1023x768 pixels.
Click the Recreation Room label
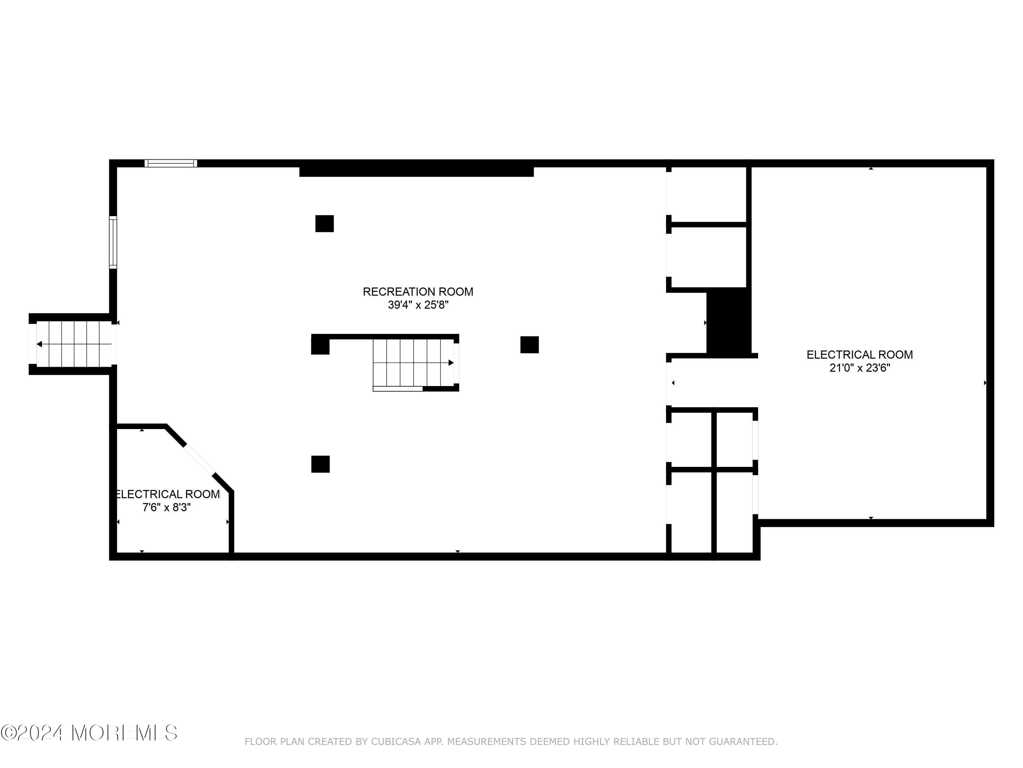coord(418,291)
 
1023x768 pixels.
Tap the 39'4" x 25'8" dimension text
coord(418,305)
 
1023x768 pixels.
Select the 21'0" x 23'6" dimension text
coord(859,368)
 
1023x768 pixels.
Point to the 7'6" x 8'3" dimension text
coord(166,507)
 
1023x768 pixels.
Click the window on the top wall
coord(170,163)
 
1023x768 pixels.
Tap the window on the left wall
coord(113,242)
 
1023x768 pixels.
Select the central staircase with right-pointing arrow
coord(413,362)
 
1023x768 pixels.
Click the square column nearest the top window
coord(324,224)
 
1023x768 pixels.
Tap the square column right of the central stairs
coord(529,344)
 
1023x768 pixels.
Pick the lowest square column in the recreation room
coord(320,464)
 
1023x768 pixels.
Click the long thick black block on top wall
coord(416,169)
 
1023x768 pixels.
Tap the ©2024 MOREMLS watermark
coord(89,733)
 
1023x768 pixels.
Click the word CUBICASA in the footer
coord(396,742)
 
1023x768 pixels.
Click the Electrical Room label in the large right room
coord(859,355)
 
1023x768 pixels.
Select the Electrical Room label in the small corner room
coord(167,494)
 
